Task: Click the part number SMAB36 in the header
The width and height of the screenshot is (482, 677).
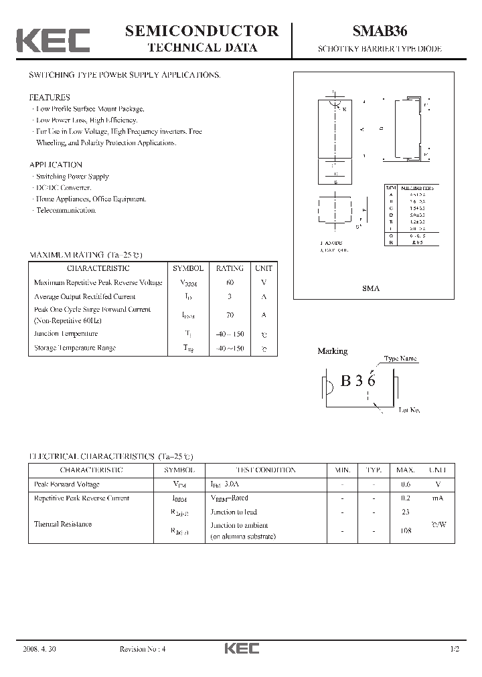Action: pos(379,31)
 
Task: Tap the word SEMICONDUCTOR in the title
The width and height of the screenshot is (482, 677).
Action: pos(202,31)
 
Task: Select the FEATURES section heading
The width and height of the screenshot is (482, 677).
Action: pos(50,97)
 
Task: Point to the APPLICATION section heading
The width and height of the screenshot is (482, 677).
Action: pos(56,165)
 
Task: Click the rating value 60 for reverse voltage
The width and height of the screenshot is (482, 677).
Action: pos(230,282)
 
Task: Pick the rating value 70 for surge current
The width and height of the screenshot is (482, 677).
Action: pos(230,314)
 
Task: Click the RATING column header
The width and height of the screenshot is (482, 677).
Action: pos(230,268)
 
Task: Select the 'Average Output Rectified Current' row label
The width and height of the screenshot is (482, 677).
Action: pos(84,296)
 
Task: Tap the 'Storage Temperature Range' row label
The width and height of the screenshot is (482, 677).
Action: pos(74,348)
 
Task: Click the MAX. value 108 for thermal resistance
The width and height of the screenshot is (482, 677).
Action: pos(406,531)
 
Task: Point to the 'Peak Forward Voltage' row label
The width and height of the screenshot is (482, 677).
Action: pos(66,484)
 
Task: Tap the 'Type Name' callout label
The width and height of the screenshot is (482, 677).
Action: pos(400,359)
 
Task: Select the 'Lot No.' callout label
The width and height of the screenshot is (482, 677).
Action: pos(409,410)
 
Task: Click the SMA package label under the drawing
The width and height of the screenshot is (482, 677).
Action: pos(370,288)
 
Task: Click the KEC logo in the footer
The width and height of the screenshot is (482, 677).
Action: pos(241,649)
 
